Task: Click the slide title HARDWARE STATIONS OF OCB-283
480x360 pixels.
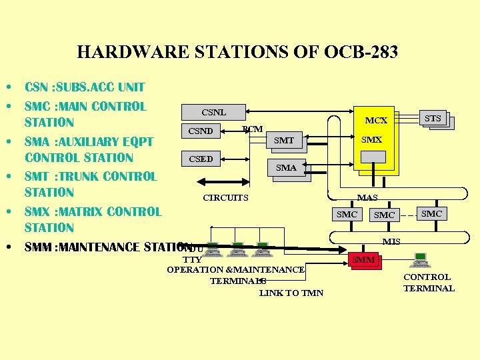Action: point(237,52)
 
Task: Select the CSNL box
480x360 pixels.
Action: point(213,112)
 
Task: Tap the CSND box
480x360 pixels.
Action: point(201,131)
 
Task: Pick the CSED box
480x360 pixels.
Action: point(201,159)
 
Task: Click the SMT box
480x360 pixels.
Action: point(283,140)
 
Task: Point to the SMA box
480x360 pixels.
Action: point(286,167)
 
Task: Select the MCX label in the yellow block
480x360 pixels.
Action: point(375,121)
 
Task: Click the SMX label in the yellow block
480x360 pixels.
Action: point(371,140)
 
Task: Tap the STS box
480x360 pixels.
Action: point(433,119)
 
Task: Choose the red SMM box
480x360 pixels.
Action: point(363,259)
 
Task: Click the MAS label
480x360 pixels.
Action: point(367,197)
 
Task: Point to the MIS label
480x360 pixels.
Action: point(391,241)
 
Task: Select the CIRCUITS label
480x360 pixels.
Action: point(225,197)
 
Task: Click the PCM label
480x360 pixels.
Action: point(252,129)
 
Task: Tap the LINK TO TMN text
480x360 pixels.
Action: point(291,293)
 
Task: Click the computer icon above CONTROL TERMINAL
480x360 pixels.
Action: point(421,259)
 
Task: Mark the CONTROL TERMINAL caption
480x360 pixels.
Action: point(429,283)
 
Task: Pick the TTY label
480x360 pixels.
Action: point(192,259)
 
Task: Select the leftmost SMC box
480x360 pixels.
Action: point(347,214)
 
